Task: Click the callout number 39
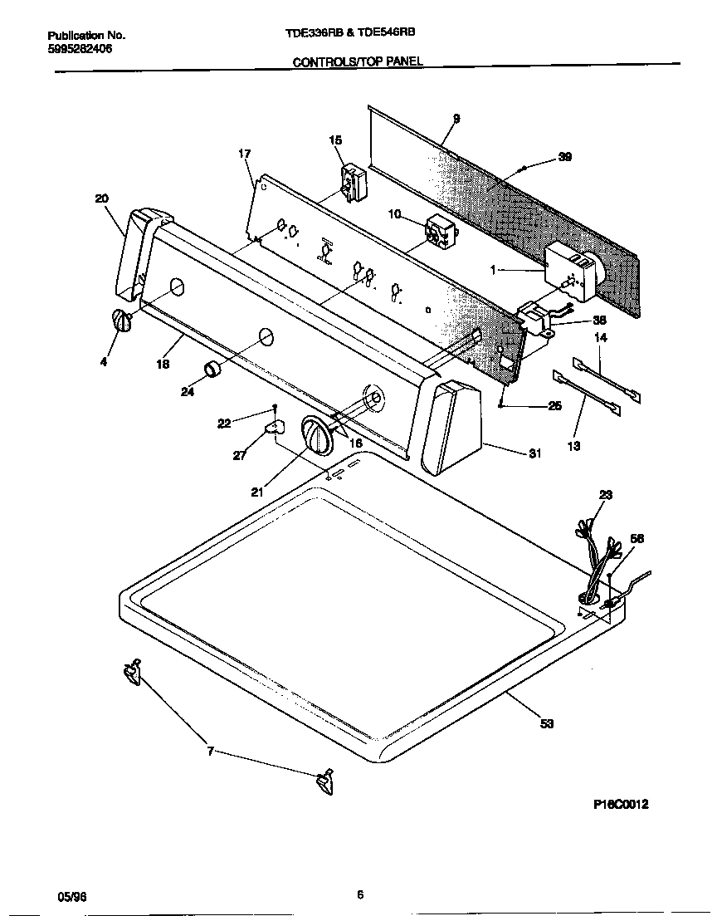pos(564,157)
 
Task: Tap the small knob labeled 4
pos(121,321)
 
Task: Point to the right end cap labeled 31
pos(451,427)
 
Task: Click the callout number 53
pos(546,723)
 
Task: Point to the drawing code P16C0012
pos(621,804)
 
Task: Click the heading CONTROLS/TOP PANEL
pos(358,61)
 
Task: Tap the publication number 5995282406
pos(80,49)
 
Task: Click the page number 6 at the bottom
pos(360,894)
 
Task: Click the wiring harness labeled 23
pos(597,556)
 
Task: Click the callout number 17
pos(244,154)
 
